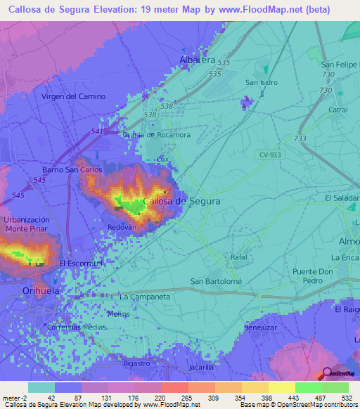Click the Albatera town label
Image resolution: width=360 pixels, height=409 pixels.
tap(198, 60)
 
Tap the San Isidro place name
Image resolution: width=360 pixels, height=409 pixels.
tap(261, 82)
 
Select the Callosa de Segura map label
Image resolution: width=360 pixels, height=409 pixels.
tap(181, 201)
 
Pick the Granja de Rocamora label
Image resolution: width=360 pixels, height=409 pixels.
tap(156, 134)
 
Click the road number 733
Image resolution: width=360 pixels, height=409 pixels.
tap(300, 139)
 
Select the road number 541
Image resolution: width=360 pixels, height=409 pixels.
tap(97, 131)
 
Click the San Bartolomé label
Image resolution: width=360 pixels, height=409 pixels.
tap(217, 282)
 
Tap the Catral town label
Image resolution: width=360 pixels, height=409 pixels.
tap(337, 110)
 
